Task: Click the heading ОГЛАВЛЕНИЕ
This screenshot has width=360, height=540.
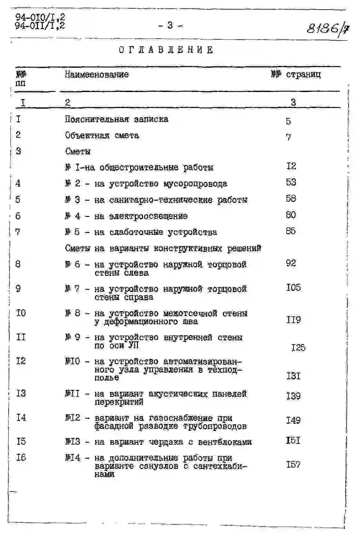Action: click(166, 50)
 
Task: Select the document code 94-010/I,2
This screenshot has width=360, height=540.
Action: click(40, 18)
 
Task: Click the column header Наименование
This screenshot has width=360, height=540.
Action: click(96, 75)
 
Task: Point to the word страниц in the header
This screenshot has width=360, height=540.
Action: click(303, 75)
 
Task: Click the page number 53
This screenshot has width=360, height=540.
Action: click(291, 182)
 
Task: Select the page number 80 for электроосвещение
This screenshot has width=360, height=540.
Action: click(291, 215)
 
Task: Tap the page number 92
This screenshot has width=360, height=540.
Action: click(291, 263)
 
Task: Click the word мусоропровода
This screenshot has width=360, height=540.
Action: click(195, 184)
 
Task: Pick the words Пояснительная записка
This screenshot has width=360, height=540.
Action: click(117, 120)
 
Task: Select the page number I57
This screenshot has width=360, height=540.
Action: click(293, 465)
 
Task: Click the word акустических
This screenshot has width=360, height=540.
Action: click(177, 394)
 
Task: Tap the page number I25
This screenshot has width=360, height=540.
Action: click(298, 347)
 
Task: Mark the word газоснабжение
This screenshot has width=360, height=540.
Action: click(181, 418)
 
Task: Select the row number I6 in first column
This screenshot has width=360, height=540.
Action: click(21, 458)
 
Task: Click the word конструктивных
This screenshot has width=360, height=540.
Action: click(188, 248)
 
